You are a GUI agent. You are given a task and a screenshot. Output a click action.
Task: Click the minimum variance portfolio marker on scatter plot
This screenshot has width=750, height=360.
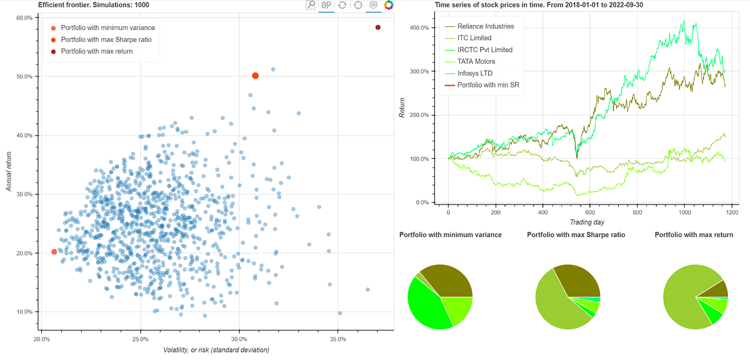[x=54, y=252]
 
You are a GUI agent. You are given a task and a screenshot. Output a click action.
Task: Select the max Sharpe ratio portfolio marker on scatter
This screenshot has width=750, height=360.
[x=255, y=76]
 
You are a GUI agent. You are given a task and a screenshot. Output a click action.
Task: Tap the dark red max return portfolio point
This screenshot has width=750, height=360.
[x=377, y=27]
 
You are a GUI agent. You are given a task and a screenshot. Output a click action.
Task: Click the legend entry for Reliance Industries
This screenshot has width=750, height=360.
[x=485, y=26]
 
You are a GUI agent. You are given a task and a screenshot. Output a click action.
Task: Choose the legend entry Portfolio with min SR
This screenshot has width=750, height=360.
[x=488, y=84]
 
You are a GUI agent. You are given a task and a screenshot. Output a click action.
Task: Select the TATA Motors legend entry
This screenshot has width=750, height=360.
[x=476, y=61]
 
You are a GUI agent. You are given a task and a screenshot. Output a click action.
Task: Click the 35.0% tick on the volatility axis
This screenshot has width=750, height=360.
[x=337, y=339]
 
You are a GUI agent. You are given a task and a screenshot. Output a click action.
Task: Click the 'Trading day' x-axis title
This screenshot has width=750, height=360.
[x=587, y=222]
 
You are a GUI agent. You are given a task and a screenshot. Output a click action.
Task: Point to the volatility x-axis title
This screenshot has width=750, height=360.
[x=216, y=350]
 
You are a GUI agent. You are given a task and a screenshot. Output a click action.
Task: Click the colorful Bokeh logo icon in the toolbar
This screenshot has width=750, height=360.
[x=389, y=5]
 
